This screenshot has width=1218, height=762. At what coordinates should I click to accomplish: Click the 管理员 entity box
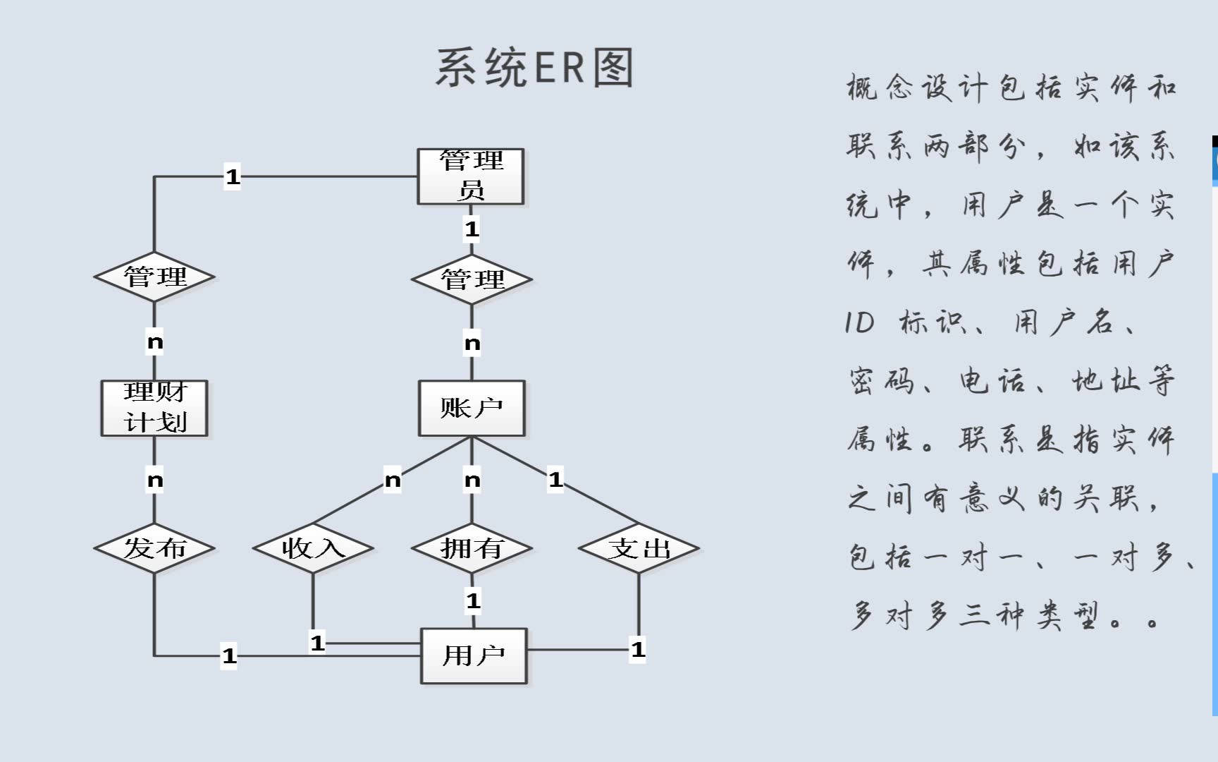[x=471, y=176]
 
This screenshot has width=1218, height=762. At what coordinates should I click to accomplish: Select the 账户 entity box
[x=472, y=409]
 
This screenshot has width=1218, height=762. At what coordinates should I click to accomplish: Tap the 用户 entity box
[x=474, y=655]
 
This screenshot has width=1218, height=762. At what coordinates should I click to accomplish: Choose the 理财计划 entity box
[x=154, y=409]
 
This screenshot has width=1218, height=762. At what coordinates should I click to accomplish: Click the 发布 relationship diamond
[x=154, y=548]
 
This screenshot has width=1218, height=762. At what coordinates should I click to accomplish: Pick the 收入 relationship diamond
[x=313, y=548]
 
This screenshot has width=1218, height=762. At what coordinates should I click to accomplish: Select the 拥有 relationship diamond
[x=472, y=548]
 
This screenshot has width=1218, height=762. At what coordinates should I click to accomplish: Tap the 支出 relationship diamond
[x=639, y=548]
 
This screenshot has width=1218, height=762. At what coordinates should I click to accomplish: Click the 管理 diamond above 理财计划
[x=154, y=277]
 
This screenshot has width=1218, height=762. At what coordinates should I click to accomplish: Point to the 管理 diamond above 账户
[x=472, y=279]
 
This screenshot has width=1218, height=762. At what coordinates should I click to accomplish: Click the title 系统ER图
[x=535, y=68]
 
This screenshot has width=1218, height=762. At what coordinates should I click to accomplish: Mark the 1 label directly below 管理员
[x=472, y=229]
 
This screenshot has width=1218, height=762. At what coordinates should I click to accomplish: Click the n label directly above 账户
[x=472, y=344]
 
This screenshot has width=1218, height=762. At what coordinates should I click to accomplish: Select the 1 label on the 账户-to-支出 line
[x=556, y=480]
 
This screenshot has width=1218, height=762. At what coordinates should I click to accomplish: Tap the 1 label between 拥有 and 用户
[x=473, y=601]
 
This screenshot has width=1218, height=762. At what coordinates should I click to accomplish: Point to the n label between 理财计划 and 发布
[x=155, y=480]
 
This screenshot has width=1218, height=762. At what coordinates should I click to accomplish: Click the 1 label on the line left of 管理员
[x=233, y=176]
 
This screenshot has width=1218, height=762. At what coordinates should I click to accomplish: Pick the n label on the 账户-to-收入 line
[x=393, y=480]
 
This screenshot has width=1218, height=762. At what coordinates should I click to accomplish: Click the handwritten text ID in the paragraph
[x=860, y=323]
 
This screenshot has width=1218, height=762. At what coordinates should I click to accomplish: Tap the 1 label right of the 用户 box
[x=638, y=649]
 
